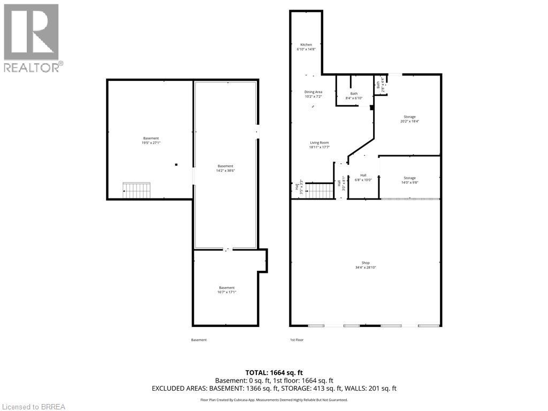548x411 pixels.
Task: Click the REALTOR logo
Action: pos(32,38)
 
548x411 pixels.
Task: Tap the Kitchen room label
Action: pos(306,47)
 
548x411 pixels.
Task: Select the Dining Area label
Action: pos(314,94)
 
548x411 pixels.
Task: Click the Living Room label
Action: pos(319,144)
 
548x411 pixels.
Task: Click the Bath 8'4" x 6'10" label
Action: pos(354,96)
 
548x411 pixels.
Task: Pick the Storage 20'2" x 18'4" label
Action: pos(409,119)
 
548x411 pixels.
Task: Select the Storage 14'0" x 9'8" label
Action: pos(409,180)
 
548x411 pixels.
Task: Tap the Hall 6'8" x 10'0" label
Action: pos(363,177)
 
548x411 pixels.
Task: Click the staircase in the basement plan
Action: pos(136,191)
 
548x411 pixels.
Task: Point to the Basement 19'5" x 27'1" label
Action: pos(151,141)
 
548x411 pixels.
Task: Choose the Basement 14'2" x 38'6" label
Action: pos(225,168)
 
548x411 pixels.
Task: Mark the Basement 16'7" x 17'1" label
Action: pos(226,290)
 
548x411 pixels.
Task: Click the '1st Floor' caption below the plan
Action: pos(296,340)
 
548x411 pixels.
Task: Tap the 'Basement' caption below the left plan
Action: pos(199,340)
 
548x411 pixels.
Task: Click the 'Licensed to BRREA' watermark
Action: pos(33,406)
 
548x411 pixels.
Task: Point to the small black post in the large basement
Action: pos(176,165)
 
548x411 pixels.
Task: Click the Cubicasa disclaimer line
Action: pos(274,400)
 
